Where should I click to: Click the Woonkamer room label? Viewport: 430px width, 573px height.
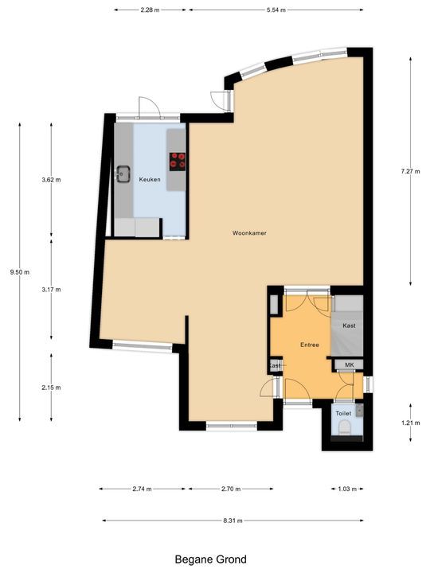[x=248, y=233]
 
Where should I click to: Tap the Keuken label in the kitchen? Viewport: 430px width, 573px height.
[x=150, y=180]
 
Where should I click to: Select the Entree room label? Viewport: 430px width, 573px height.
[x=309, y=345]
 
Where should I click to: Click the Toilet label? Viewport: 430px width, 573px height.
[x=343, y=415]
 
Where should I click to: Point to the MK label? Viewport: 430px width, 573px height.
[x=348, y=364]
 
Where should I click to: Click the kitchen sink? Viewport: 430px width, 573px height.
[x=123, y=173]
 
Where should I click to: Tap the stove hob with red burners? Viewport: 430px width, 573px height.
[x=177, y=162]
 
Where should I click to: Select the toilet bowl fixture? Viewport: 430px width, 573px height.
[x=344, y=428]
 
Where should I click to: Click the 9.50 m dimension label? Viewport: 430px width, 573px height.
[x=19, y=272]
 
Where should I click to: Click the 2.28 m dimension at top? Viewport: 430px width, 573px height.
[x=150, y=10]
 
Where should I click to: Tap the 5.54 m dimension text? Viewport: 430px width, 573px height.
[x=278, y=10]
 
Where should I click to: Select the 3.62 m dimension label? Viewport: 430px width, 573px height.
[x=51, y=180]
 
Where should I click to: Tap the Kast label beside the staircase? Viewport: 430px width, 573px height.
[x=349, y=326]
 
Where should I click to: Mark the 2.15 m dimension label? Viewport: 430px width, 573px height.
[x=51, y=388]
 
